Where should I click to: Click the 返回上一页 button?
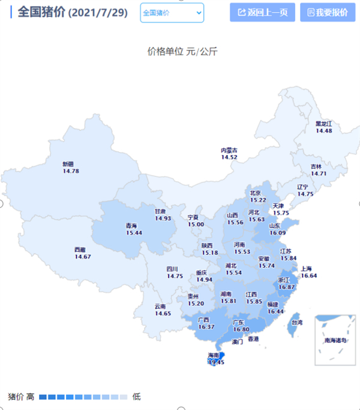click(x=262, y=12)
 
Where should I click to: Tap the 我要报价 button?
click(x=327, y=12)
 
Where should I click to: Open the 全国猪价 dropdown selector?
click(x=172, y=12)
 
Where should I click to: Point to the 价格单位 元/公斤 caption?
click(x=182, y=52)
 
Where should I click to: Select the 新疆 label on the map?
click(x=70, y=164)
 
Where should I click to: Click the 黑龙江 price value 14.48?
click(x=324, y=131)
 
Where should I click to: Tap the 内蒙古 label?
click(x=229, y=150)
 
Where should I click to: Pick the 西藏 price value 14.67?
click(x=83, y=257)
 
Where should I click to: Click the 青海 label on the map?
click(x=130, y=226)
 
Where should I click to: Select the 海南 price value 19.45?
click(x=215, y=363)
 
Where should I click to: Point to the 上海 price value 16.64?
click(x=308, y=276)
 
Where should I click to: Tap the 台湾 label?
click(x=296, y=322)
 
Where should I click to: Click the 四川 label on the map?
click(x=173, y=270)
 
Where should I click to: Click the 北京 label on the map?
click(x=256, y=193)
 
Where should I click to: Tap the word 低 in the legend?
click(x=136, y=397)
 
